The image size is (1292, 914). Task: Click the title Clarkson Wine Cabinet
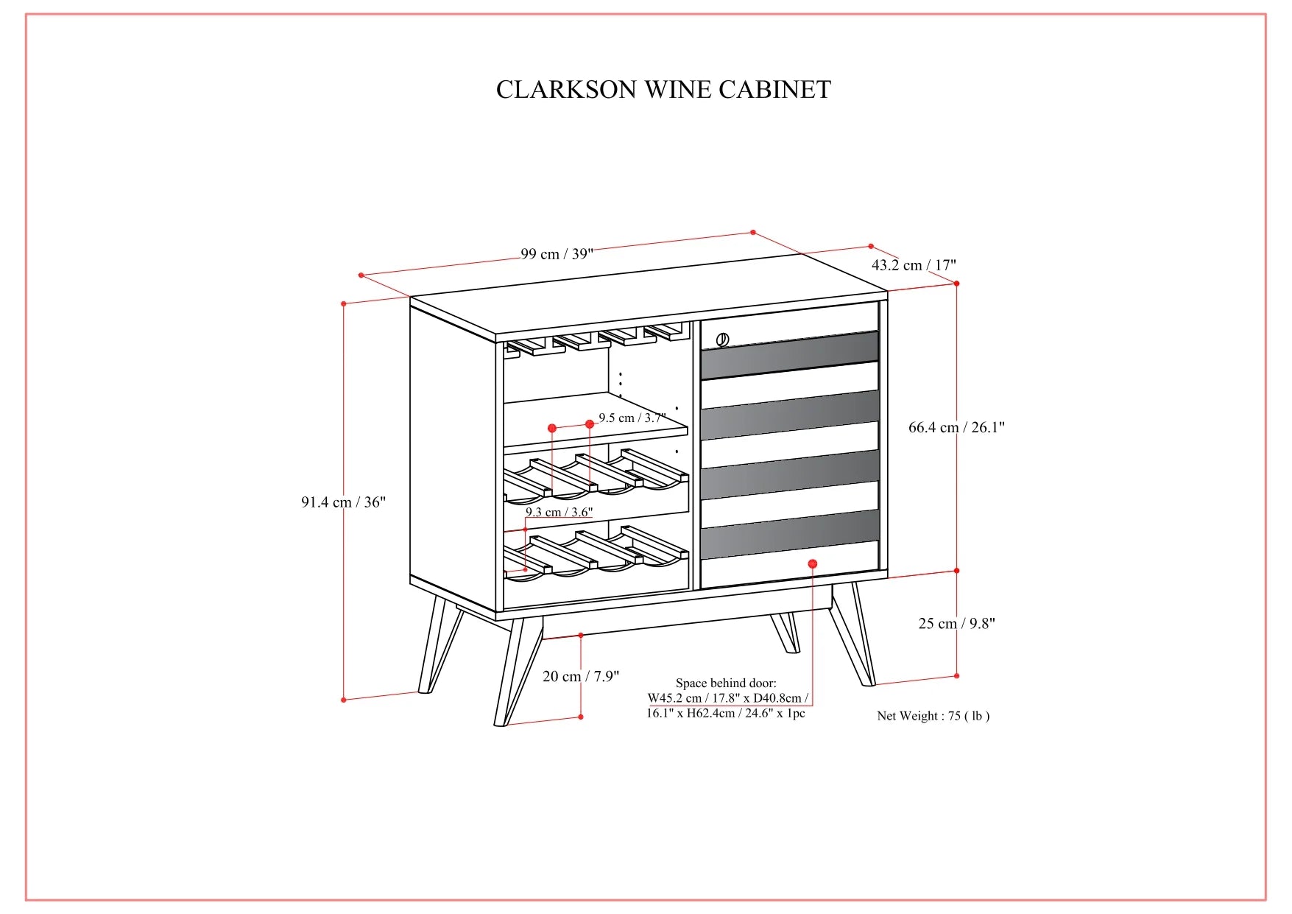coord(663,90)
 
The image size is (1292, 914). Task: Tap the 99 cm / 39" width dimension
coord(557,254)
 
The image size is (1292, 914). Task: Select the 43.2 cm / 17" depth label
coord(914,265)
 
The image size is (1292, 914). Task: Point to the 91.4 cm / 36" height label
coord(343,502)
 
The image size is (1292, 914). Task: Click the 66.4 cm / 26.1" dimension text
coord(956,427)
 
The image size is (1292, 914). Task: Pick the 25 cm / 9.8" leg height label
coord(956,624)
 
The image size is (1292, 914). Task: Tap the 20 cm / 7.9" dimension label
coord(581,677)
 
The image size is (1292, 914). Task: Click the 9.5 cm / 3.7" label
coord(632,418)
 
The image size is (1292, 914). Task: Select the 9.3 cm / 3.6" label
coord(559,512)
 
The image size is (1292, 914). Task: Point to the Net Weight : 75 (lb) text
coord(933,716)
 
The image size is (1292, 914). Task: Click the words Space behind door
coord(726,683)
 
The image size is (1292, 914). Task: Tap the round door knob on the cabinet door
coord(722,340)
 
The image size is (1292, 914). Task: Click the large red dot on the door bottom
coord(813,564)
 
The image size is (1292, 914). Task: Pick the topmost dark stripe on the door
coord(790,355)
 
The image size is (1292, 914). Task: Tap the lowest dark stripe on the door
coord(790,534)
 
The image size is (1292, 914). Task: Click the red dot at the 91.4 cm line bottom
coord(344,700)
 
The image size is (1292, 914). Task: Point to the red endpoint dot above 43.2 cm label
coord(871,247)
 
